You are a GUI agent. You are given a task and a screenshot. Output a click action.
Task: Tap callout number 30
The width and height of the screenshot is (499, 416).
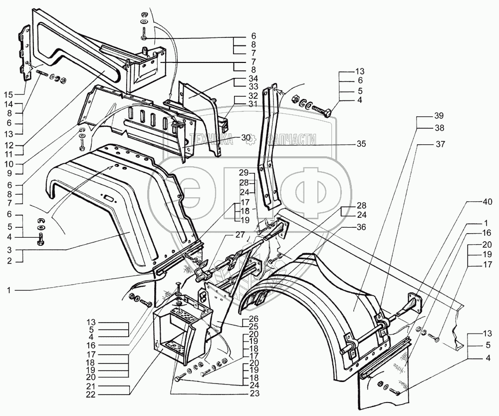(246, 138)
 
